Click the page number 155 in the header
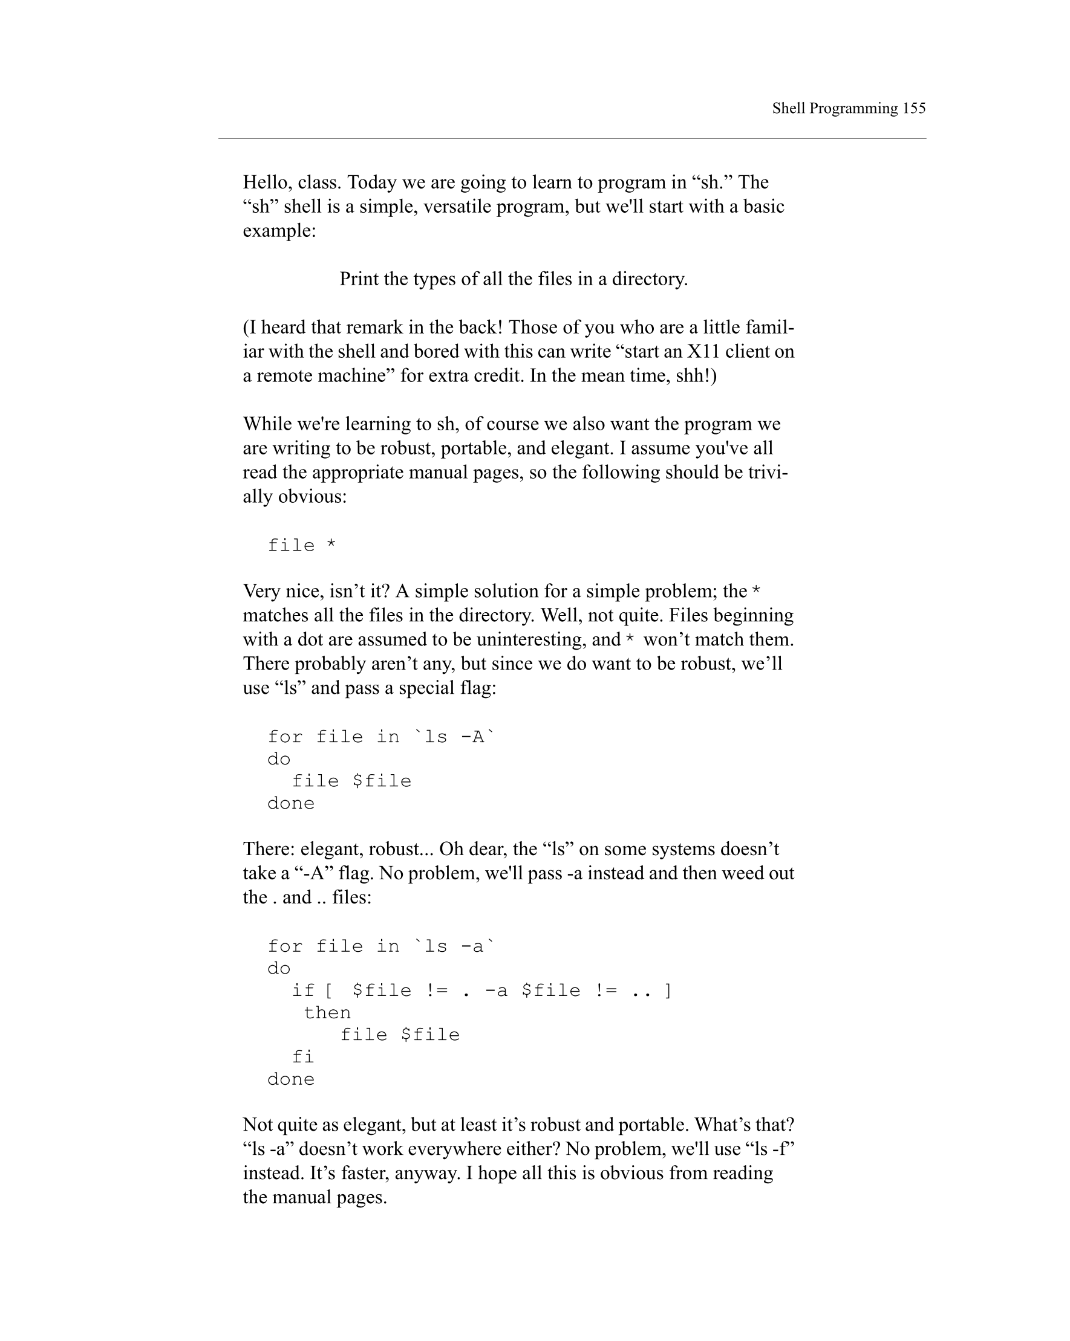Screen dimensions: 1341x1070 tap(914, 108)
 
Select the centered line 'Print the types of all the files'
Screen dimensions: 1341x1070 tap(513, 279)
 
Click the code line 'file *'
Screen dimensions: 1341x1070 tap(302, 546)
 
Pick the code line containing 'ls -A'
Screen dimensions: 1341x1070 tap(381, 737)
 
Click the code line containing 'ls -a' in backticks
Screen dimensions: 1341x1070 tap(381, 946)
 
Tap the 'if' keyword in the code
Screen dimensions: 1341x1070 tap(302, 991)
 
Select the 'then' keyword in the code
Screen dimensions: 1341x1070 tap(327, 1013)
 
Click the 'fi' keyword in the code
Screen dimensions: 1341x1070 tap(302, 1057)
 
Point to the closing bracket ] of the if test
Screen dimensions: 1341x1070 tap(668, 991)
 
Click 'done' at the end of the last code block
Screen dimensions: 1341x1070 tap(291, 1079)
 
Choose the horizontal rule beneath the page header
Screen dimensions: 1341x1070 tap(572, 139)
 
